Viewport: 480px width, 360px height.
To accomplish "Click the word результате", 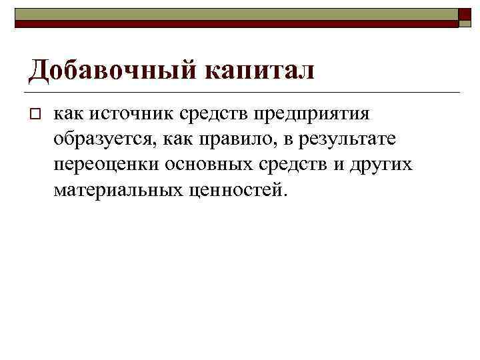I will [346, 139].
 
